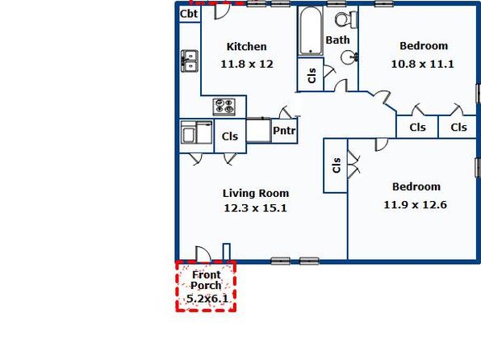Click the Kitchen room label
(246, 47)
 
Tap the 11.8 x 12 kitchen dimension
(247, 64)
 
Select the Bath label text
(337, 40)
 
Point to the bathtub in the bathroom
(311, 31)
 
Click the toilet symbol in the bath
(346, 19)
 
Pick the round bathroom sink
(349, 57)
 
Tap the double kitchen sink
(190, 61)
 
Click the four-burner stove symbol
(224, 107)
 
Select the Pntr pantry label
(284, 131)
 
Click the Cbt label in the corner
(189, 14)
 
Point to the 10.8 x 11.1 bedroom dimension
(422, 64)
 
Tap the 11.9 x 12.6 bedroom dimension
(415, 205)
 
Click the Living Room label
(256, 194)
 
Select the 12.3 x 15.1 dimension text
(255, 208)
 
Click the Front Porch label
(206, 280)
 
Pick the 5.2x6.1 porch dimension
(207, 299)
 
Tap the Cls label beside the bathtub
(312, 76)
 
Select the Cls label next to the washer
(230, 136)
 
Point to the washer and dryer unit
(196, 132)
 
